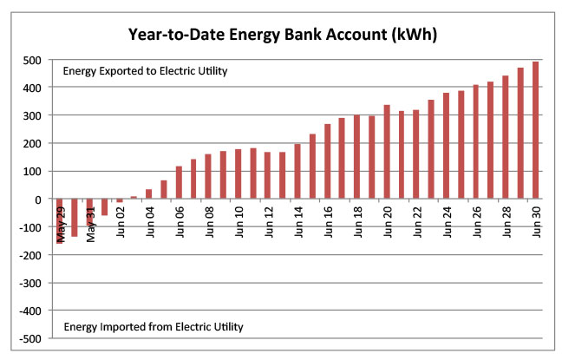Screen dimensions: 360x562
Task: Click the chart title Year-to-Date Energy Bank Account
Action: [281, 36]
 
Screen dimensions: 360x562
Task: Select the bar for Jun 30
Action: [535, 130]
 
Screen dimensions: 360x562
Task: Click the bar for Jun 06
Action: [179, 182]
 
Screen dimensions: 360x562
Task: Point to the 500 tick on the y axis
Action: [31, 60]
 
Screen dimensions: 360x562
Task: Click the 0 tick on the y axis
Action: [38, 200]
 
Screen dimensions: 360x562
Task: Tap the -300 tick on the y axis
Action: [29, 283]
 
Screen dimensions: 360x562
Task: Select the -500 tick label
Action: [29, 338]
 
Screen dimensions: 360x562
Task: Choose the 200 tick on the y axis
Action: [31, 143]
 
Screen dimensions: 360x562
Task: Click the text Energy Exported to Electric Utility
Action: [145, 71]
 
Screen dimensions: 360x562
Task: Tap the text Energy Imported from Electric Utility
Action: [153, 327]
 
